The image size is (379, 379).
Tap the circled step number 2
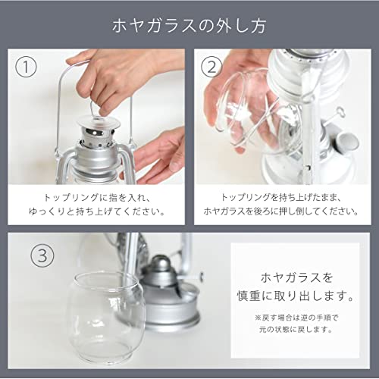coord(211,67)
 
